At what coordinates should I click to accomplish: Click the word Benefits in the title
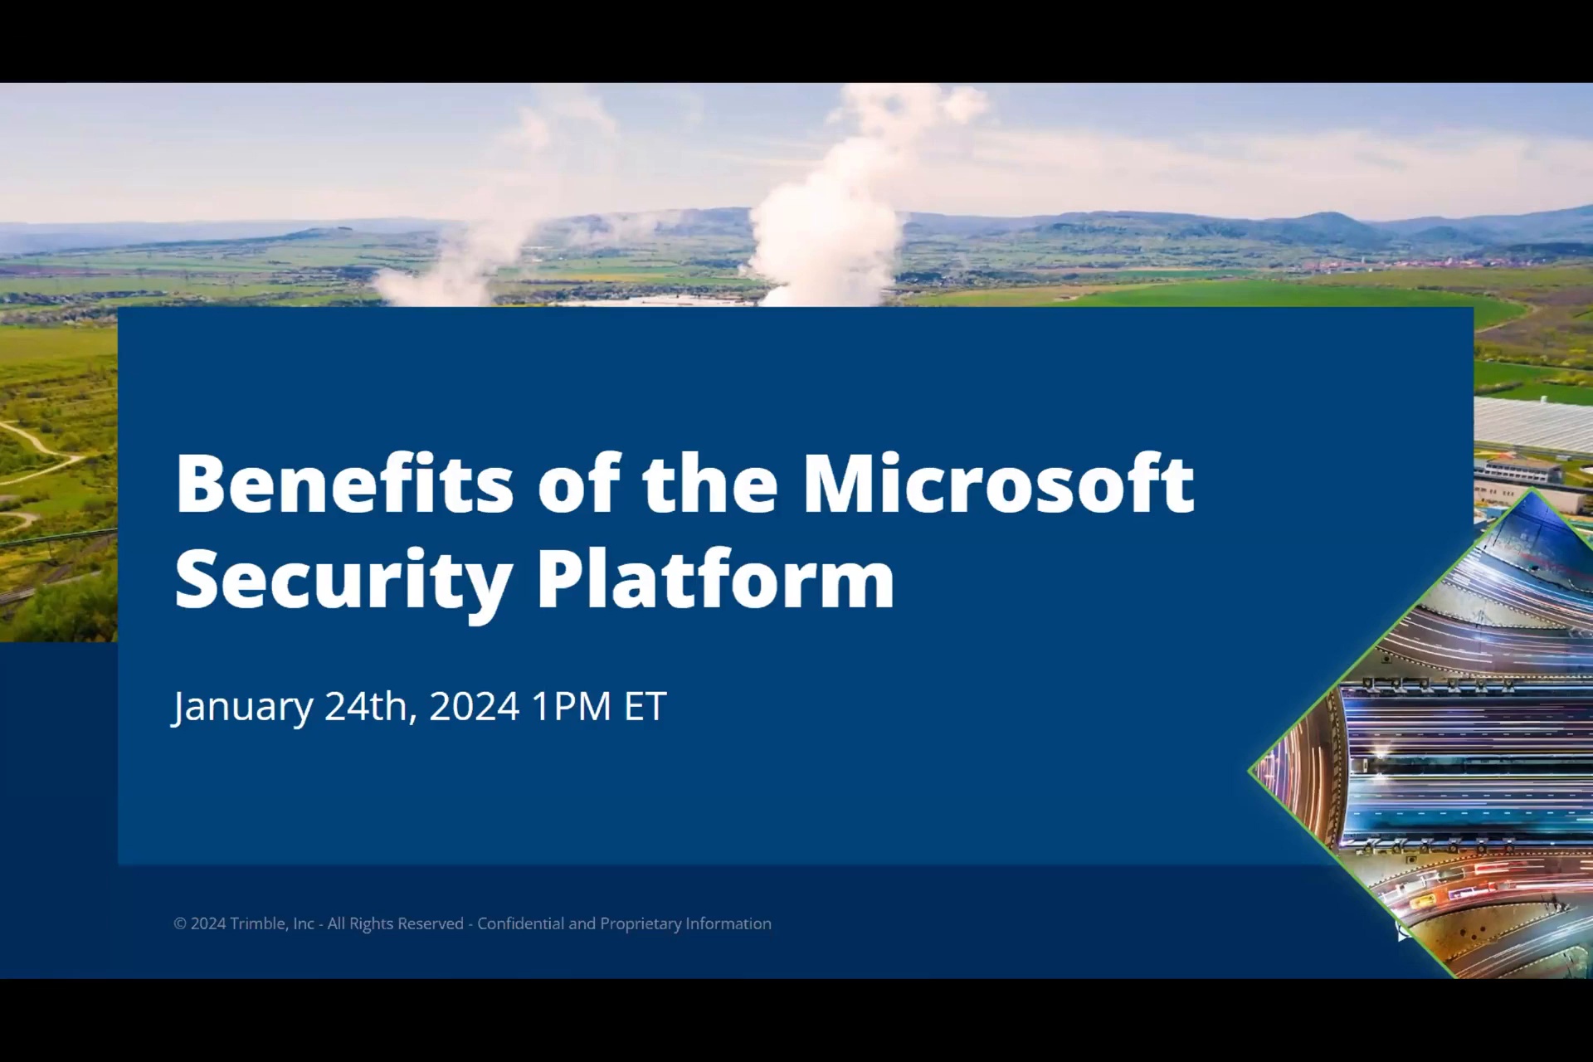point(344,483)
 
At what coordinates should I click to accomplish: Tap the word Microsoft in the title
point(999,483)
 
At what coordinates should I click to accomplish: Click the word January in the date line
point(242,708)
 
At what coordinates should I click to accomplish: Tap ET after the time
point(645,706)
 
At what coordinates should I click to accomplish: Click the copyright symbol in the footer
point(180,923)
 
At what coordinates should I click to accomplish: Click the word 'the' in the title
point(710,483)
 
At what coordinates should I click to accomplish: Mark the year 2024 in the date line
point(475,706)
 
